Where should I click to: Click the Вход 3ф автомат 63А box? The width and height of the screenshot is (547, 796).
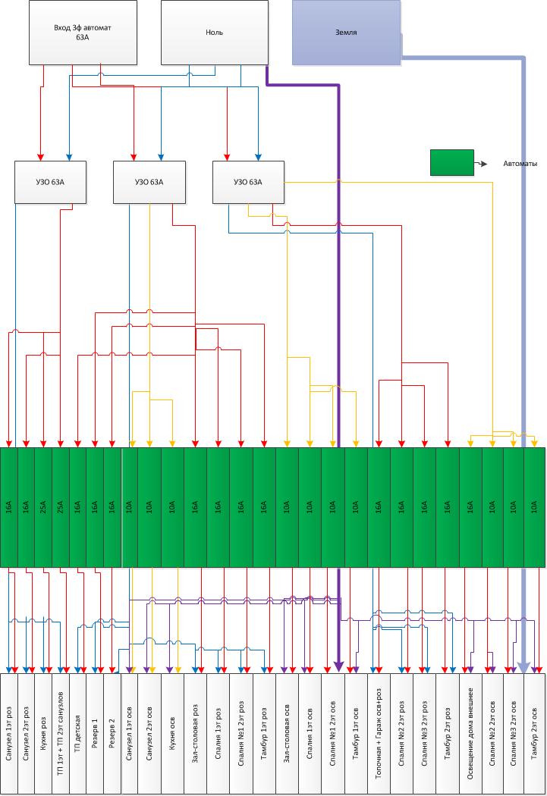click(x=83, y=33)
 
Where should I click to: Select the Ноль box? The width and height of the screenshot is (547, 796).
click(x=215, y=33)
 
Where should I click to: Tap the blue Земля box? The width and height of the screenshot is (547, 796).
click(x=347, y=33)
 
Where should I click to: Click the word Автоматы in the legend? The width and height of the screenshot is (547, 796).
click(x=520, y=164)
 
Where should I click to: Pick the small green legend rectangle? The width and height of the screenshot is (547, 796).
click(x=452, y=162)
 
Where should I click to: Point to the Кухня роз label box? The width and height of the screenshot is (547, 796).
click(x=43, y=734)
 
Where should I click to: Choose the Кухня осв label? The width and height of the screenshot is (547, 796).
click(x=172, y=734)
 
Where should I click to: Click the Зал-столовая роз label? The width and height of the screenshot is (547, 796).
click(x=195, y=734)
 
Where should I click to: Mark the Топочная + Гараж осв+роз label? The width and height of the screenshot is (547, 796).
click(x=379, y=734)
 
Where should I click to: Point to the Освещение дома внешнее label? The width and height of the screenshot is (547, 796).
click(x=470, y=734)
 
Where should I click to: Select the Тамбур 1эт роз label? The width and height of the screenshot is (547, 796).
click(x=264, y=734)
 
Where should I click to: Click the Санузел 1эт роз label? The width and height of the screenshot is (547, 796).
click(x=8, y=734)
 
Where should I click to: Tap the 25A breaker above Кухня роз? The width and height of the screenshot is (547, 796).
click(x=43, y=507)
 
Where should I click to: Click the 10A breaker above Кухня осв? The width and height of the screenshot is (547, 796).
click(x=172, y=507)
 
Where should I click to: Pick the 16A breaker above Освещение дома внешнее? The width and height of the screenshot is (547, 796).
click(x=470, y=507)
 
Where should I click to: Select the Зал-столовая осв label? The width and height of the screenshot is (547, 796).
click(x=287, y=734)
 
